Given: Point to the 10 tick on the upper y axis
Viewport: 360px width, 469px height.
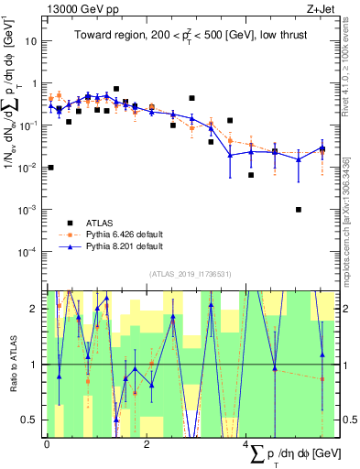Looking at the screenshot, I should [33, 42].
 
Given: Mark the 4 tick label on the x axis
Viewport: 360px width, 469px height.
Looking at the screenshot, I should [245, 445].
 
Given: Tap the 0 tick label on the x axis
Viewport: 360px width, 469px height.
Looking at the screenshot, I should [47, 445].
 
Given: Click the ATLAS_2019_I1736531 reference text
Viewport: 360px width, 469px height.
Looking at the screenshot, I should [190, 274].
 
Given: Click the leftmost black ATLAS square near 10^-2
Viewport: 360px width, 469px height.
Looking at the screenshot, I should [50, 168].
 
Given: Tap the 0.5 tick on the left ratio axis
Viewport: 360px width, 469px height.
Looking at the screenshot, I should [33, 420].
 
